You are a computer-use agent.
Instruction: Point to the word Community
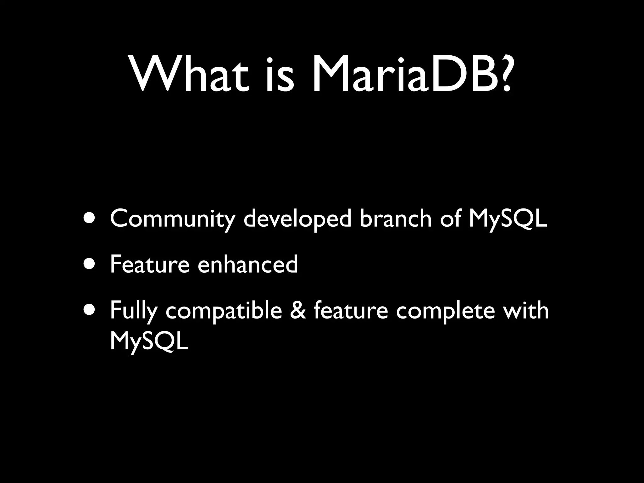[x=172, y=219]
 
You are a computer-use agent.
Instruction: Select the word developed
[x=297, y=219]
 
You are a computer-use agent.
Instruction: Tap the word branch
[x=395, y=219]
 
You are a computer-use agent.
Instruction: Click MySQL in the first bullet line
[x=508, y=219]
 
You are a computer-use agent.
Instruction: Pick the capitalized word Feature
[x=149, y=264]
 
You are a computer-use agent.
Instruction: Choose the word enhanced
[x=247, y=264]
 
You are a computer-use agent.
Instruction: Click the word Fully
[x=133, y=311]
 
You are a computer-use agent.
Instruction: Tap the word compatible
[x=224, y=311]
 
